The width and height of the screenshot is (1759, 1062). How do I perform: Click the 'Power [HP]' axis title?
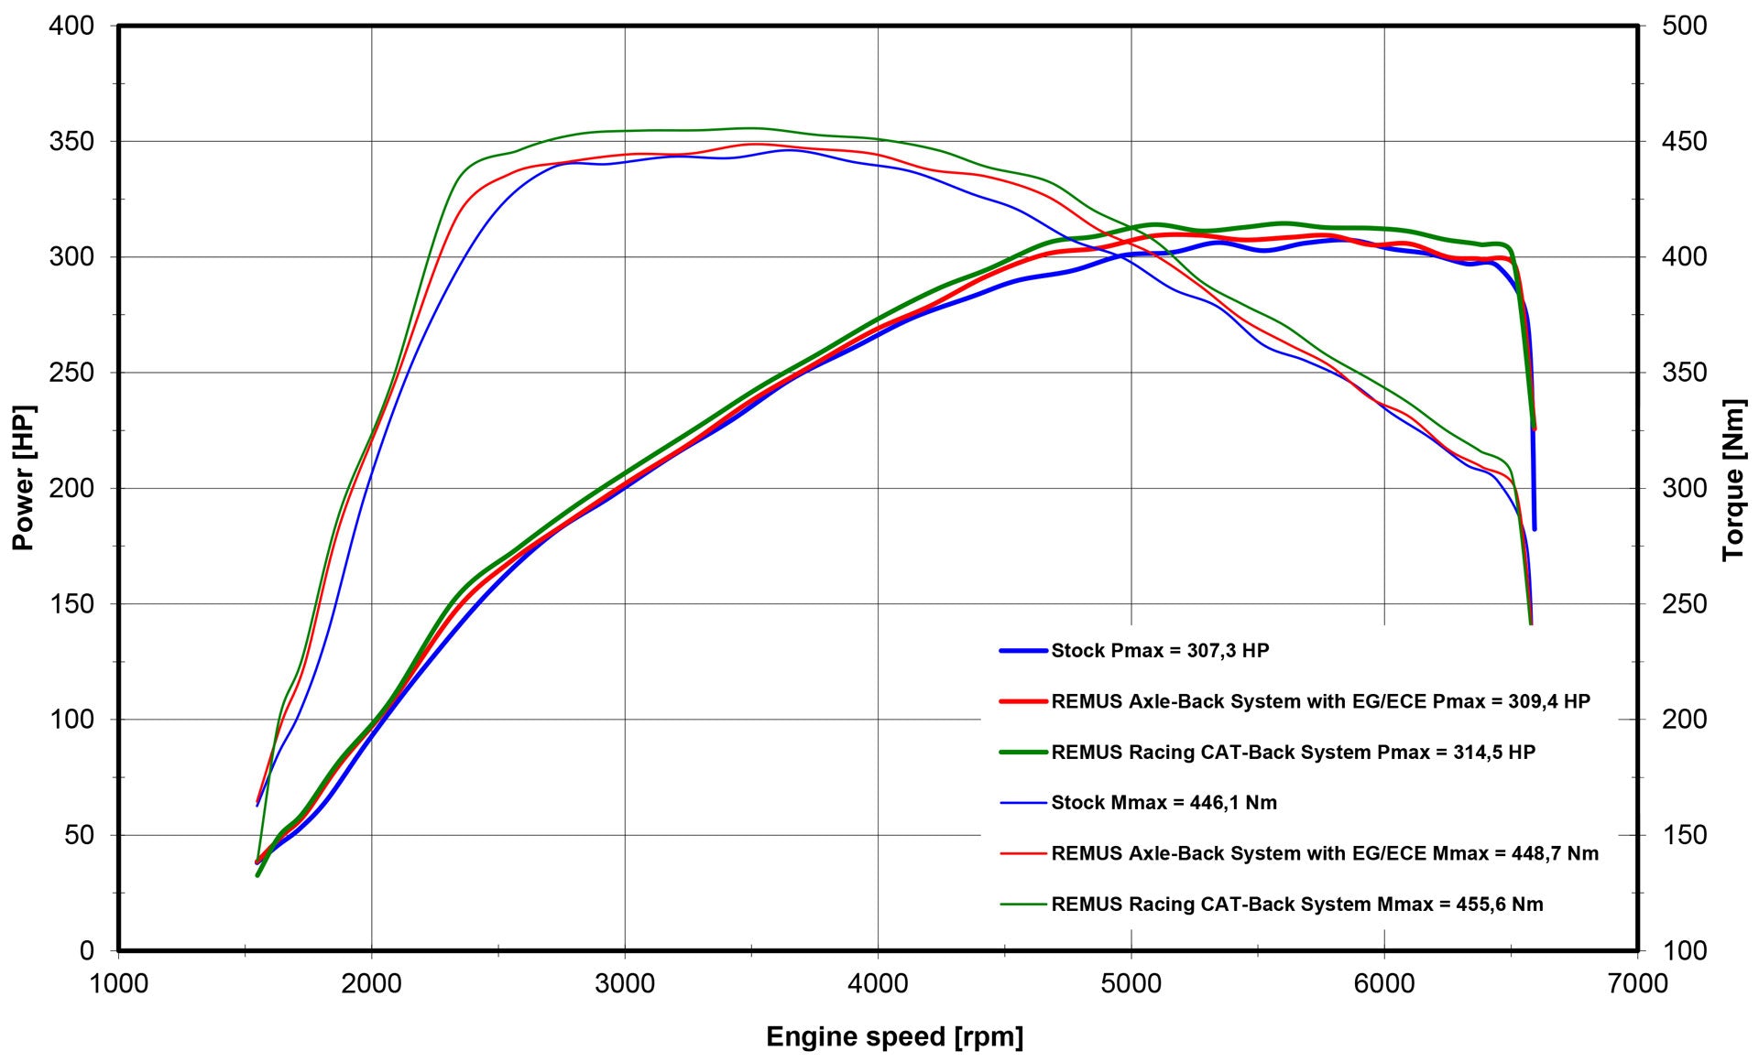23,478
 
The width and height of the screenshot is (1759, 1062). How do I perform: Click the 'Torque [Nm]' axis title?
1733,480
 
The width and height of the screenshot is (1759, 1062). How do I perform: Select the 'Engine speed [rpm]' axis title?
894,1036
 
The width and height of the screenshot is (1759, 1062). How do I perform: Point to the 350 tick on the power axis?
71,141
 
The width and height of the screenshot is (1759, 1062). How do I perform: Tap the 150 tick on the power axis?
71,603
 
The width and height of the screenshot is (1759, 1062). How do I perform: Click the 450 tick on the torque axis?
1684,141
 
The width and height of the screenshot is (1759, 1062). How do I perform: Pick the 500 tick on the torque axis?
1684,26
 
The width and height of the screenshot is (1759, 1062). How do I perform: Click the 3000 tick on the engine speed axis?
625,984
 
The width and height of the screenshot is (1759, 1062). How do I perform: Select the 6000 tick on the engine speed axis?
1384,984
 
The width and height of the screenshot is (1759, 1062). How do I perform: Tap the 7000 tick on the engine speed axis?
1637,984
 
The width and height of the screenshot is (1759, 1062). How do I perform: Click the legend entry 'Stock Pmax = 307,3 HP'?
1160,651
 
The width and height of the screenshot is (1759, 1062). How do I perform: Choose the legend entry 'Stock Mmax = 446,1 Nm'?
1164,803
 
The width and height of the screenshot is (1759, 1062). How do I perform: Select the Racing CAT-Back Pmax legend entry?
1293,753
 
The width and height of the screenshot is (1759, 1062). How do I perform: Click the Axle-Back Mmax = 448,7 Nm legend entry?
1325,853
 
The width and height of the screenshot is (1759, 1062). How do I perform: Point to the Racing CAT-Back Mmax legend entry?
1296,905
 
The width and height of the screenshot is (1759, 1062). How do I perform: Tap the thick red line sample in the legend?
1022,701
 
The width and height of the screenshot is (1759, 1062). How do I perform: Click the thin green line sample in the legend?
1022,905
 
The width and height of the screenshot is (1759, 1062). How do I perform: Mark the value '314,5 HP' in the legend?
1494,753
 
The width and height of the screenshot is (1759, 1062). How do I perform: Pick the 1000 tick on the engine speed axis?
118,984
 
